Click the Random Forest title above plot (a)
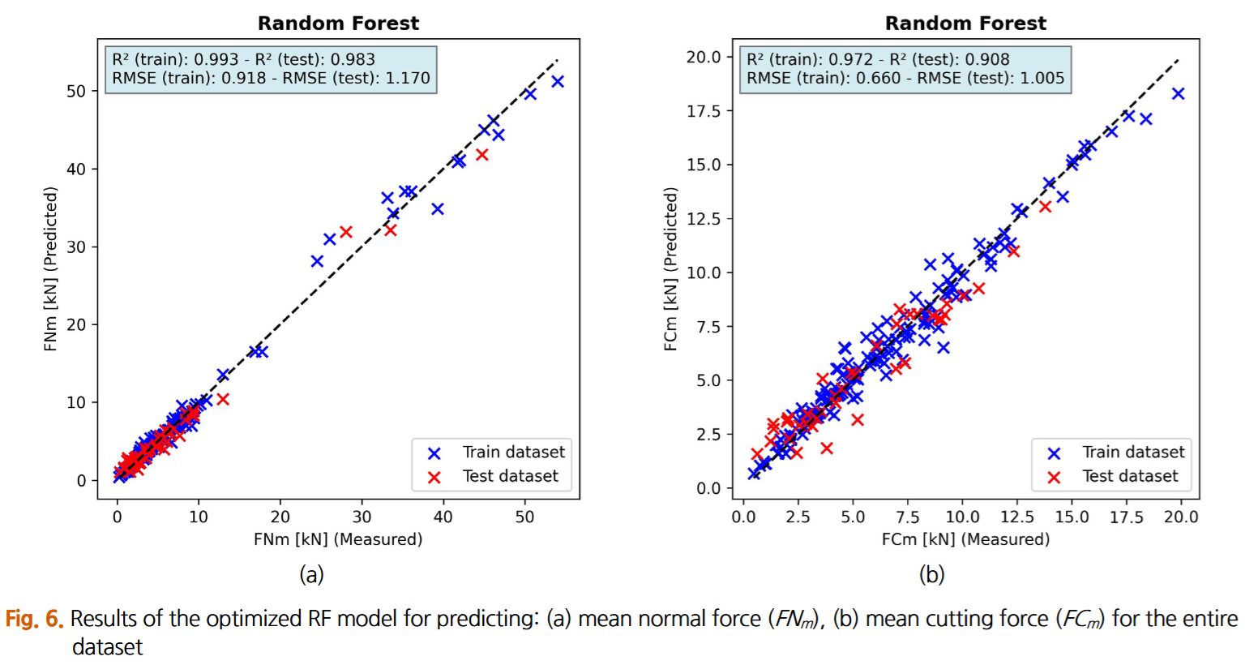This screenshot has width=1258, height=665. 338,24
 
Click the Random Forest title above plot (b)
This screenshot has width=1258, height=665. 965,24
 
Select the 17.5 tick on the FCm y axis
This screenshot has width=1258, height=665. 704,111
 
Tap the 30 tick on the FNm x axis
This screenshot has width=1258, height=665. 362,517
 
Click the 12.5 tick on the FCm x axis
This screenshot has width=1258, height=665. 1017,517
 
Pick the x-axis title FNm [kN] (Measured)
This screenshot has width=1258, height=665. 338,539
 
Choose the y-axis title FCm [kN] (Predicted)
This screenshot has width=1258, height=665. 670,269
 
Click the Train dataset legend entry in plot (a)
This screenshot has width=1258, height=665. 513,453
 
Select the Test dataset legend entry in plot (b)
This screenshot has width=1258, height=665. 1130,477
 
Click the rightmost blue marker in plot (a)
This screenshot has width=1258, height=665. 558,82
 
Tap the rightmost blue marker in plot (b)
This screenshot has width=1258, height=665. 1179,94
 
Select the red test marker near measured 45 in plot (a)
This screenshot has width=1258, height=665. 482,155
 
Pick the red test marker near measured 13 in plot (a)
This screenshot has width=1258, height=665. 223,399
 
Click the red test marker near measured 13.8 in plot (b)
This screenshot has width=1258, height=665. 1046,207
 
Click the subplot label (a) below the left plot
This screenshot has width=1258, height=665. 311,575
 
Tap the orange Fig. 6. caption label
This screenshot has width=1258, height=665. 34,619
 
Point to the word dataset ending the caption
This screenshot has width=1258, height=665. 107,647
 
